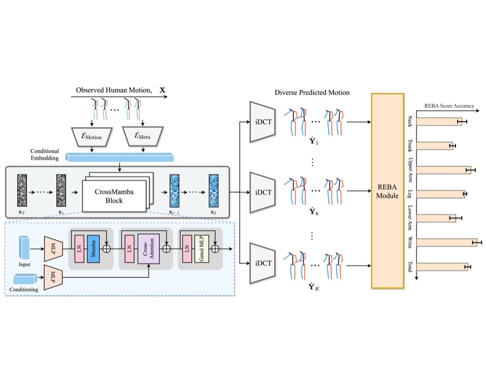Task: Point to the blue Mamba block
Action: tap(94, 248)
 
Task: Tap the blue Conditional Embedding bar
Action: tap(121, 157)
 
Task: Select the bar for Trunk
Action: tap(435, 146)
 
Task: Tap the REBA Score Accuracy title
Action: tap(449, 106)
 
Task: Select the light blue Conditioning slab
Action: tap(24, 278)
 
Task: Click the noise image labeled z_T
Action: tap(22, 187)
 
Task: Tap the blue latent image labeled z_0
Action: tap(214, 187)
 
